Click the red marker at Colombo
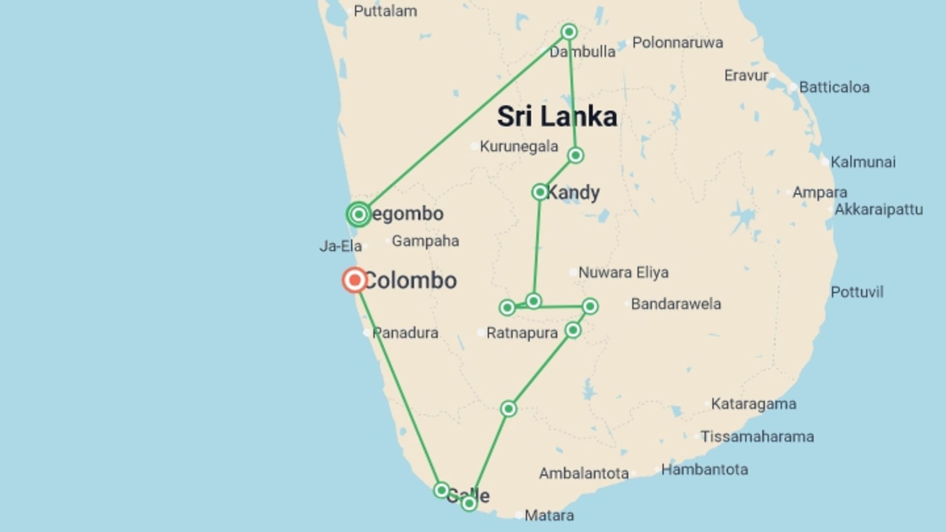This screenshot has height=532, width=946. coord(355,280)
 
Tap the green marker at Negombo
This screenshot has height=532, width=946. coord(359,214)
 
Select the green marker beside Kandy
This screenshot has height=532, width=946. coord(540,192)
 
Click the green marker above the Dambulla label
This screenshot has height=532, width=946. coord(569,32)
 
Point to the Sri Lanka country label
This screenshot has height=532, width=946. coord(557,117)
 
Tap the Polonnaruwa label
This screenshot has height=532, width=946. coord(677,43)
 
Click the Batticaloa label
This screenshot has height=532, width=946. coord(834,88)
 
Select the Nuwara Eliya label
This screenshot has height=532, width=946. coord(623,272)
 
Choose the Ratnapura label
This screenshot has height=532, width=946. coord(522,333)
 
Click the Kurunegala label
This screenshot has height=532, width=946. coord(519,146)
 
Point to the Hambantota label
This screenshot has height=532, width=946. coord(704,469)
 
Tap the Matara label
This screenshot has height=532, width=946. coord(549,516)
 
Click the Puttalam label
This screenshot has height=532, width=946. coord(385,11)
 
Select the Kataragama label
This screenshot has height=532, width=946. coord(753,404)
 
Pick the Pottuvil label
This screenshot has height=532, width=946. coord(857,292)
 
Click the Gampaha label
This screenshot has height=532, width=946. coord(425,241)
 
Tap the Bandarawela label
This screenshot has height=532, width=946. coord(676,304)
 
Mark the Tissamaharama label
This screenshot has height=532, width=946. coord(757,436)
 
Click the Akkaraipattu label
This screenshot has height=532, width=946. coord(878,209)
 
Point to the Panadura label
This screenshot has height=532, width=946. coord(405,333)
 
